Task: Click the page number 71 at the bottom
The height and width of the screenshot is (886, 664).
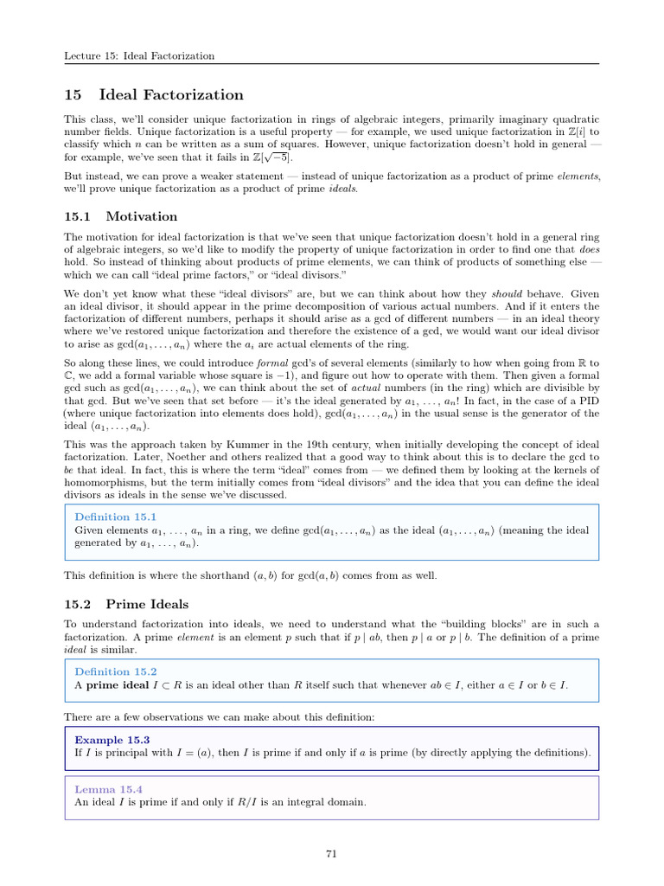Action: (x=331, y=853)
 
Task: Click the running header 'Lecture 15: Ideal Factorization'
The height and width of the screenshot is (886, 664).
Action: (x=139, y=56)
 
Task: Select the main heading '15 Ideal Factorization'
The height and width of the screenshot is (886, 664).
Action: (x=154, y=94)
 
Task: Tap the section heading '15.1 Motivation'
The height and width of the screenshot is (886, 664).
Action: (x=121, y=216)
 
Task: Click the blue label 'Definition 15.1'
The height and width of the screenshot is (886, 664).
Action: (x=115, y=517)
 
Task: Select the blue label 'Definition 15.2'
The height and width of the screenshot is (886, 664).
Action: (x=115, y=671)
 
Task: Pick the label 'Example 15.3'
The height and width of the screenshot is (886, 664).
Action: (x=112, y=740)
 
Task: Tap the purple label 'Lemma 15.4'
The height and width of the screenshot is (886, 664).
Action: (x=108, y=789)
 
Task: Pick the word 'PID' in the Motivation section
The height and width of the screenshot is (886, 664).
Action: (x=587, y=400)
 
